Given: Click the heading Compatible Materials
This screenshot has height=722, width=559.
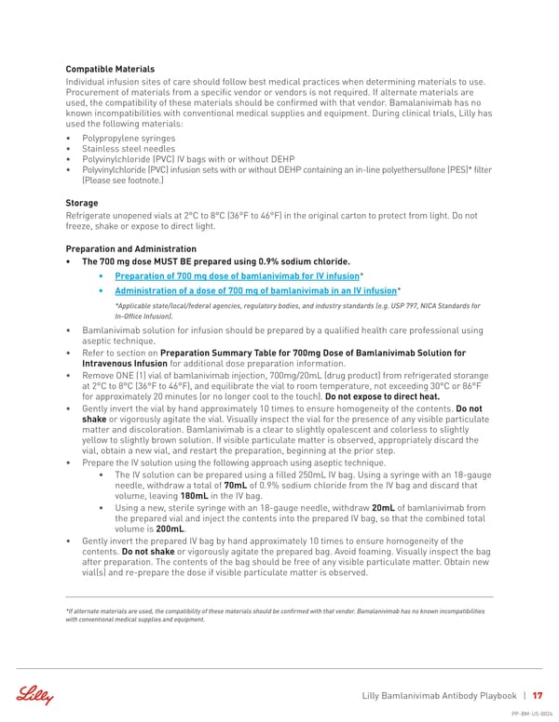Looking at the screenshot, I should (110, 69).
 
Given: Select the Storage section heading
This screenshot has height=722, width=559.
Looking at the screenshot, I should (84, 201).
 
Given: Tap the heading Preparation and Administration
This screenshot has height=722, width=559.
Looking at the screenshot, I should (131, 248).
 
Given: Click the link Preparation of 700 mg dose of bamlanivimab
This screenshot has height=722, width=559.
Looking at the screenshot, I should (237, 276).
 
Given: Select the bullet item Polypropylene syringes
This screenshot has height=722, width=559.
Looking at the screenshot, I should (129, 138).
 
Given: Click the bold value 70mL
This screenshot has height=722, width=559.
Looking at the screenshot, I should (236, 485).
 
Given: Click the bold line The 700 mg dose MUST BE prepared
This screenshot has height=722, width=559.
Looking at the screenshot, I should (216, 261).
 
